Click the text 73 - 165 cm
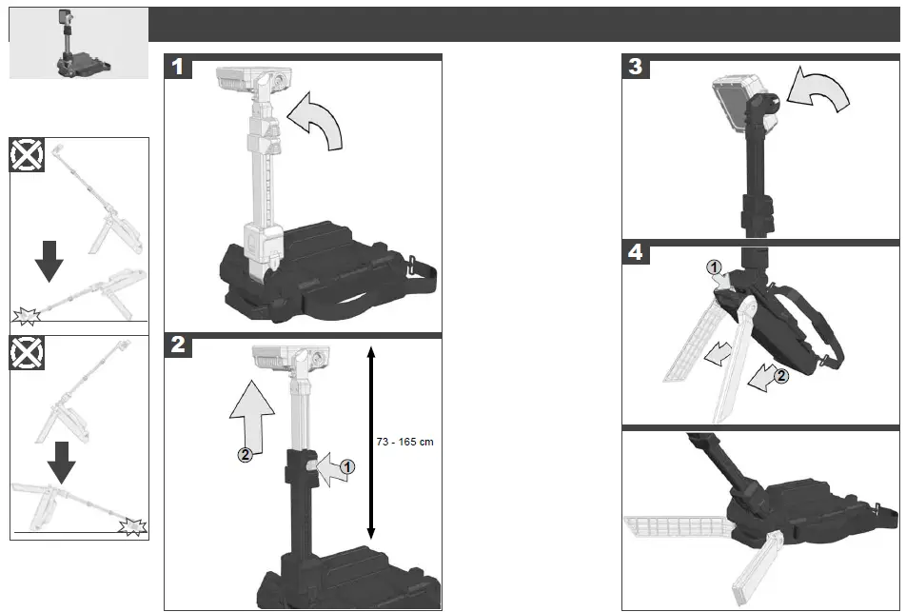pos(405,442)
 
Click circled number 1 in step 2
pos(346,466)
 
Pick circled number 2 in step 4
pos(781,376)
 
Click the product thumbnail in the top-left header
pos(78,43)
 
